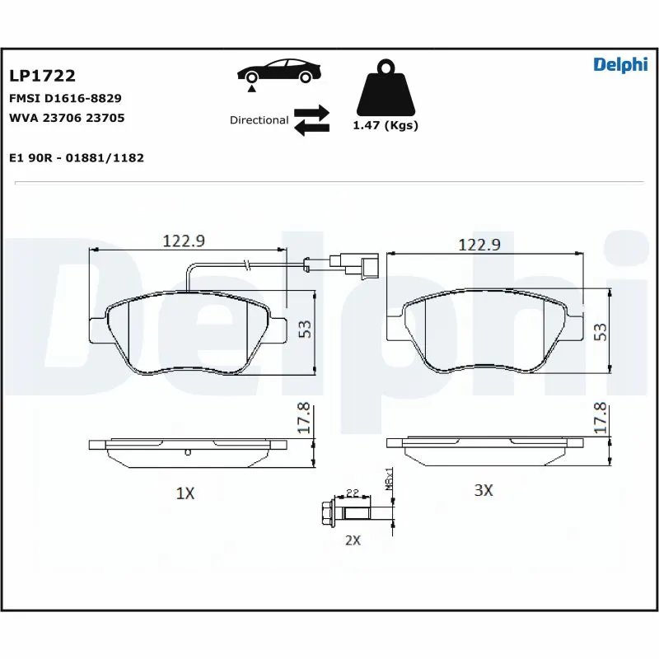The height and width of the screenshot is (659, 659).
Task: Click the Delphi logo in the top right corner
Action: pyautogui.click(x=620, y=66)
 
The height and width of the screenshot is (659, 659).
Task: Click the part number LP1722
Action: pyautogui.click(x=42, y=76)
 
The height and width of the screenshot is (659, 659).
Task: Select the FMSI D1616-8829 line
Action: pyautogui.click(x=65, y=97)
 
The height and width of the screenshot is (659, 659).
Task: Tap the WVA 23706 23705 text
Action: pyautogui.click(x=67, y=118)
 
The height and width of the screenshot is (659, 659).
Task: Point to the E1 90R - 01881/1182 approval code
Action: pyautogui.click(x=76, y=157)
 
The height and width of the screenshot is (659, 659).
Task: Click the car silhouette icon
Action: pyautogui.click(x=278, y=70)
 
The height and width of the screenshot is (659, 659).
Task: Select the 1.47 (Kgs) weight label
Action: pyautogui.click(x=386, y=126)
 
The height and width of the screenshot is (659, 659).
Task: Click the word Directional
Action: pyautogui.click(x=259, y=120)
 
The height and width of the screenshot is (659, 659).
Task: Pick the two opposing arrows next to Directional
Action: pyautogui.click(x=311, y=119)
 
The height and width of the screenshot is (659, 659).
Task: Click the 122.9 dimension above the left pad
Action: pyautogui.click(x=183, y=241)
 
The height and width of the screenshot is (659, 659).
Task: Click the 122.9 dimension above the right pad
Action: pyautogui.click(x=479, y=245)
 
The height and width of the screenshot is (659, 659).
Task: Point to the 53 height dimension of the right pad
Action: pyautogui.click(x=600, y=331)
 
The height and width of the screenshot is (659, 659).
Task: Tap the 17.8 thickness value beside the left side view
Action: pyautogui.click(x=303, y=418)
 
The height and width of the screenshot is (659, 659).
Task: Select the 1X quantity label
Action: pyautogui.click(x=185, y=493)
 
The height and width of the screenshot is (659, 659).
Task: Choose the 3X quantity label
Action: pyautogui.click(x=483, y=490)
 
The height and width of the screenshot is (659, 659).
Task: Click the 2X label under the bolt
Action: pyautogui.click(x=352, y=540)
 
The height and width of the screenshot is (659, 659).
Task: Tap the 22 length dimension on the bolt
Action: pyautogui.click(x=352, y=493)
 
